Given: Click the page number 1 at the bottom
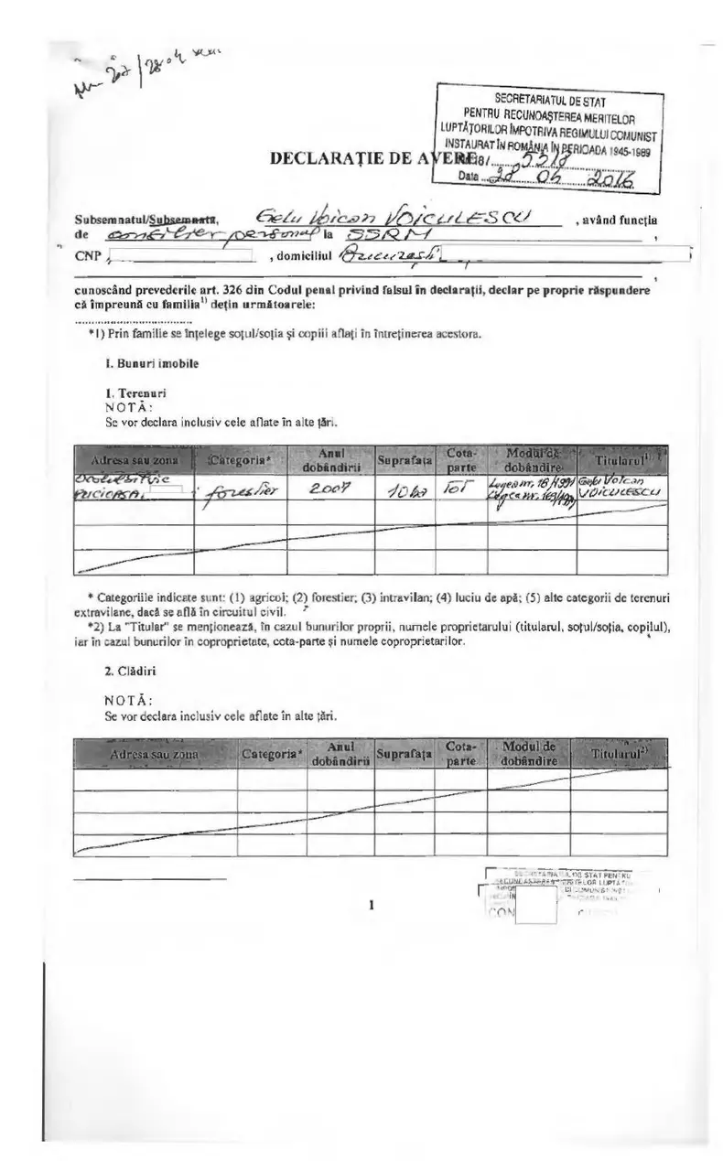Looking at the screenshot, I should [372, 906].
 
